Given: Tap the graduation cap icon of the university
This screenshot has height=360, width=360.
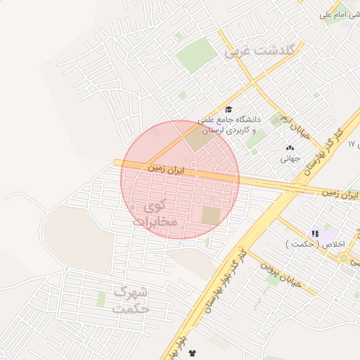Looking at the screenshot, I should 228,110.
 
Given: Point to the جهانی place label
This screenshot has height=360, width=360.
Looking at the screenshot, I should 290,159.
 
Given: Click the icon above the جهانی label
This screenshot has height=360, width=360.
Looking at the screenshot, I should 290,148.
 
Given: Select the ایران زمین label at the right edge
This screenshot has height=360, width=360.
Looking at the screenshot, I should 340,193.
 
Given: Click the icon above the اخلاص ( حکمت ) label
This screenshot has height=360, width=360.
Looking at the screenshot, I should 316,233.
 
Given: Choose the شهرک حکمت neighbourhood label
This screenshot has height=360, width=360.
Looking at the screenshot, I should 132,299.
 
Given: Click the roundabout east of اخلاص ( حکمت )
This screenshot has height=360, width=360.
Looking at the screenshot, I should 343,258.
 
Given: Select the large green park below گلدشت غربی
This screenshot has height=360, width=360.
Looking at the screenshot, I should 196,56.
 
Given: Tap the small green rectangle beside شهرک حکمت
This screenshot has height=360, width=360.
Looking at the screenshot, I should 101,299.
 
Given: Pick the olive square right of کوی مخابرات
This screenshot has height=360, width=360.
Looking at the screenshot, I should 211,216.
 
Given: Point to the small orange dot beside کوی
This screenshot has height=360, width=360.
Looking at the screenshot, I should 132,207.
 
